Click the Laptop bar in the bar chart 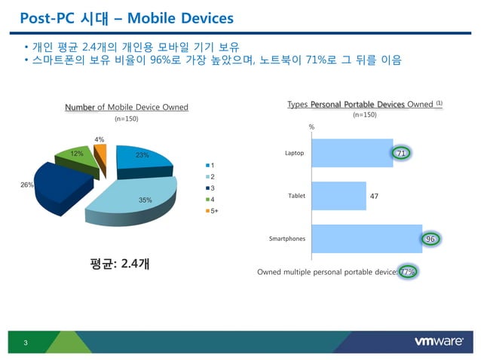[x=351, y=153]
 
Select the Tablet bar [x=339, y=196]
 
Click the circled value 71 [x=402, y=154]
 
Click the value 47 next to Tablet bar [x=374, y=196]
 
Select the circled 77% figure [x=408, y=271]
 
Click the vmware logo [x=438, y=342]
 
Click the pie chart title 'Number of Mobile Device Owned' [x=126, y=108]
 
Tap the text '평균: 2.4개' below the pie [x=119, y=264]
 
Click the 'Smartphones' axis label [x=287, y=239]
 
